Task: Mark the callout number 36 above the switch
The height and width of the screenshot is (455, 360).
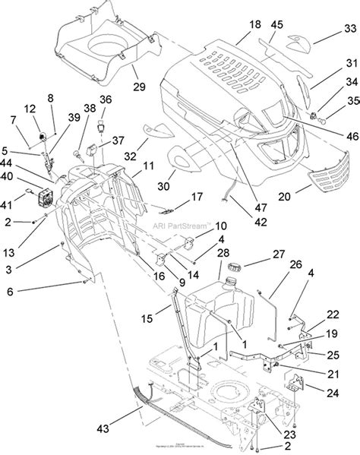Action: (x=105, y=99)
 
